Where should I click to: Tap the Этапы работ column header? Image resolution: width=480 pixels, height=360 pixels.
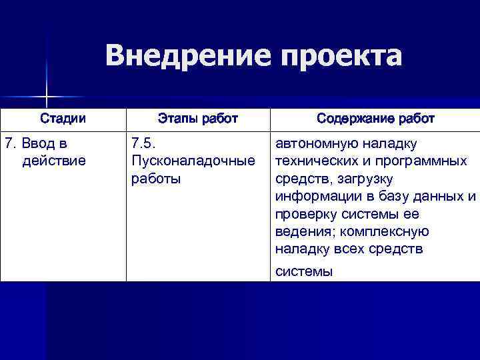pyautogui.click(x=197, y=119)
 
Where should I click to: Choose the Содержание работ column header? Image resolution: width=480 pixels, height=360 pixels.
pyautogui.click(x=375, y=119)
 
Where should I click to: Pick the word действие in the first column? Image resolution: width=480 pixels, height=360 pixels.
pyautogui.click(x=54, y=161)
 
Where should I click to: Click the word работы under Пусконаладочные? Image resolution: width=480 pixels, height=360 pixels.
pyautogui.click(x=156, y=179)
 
